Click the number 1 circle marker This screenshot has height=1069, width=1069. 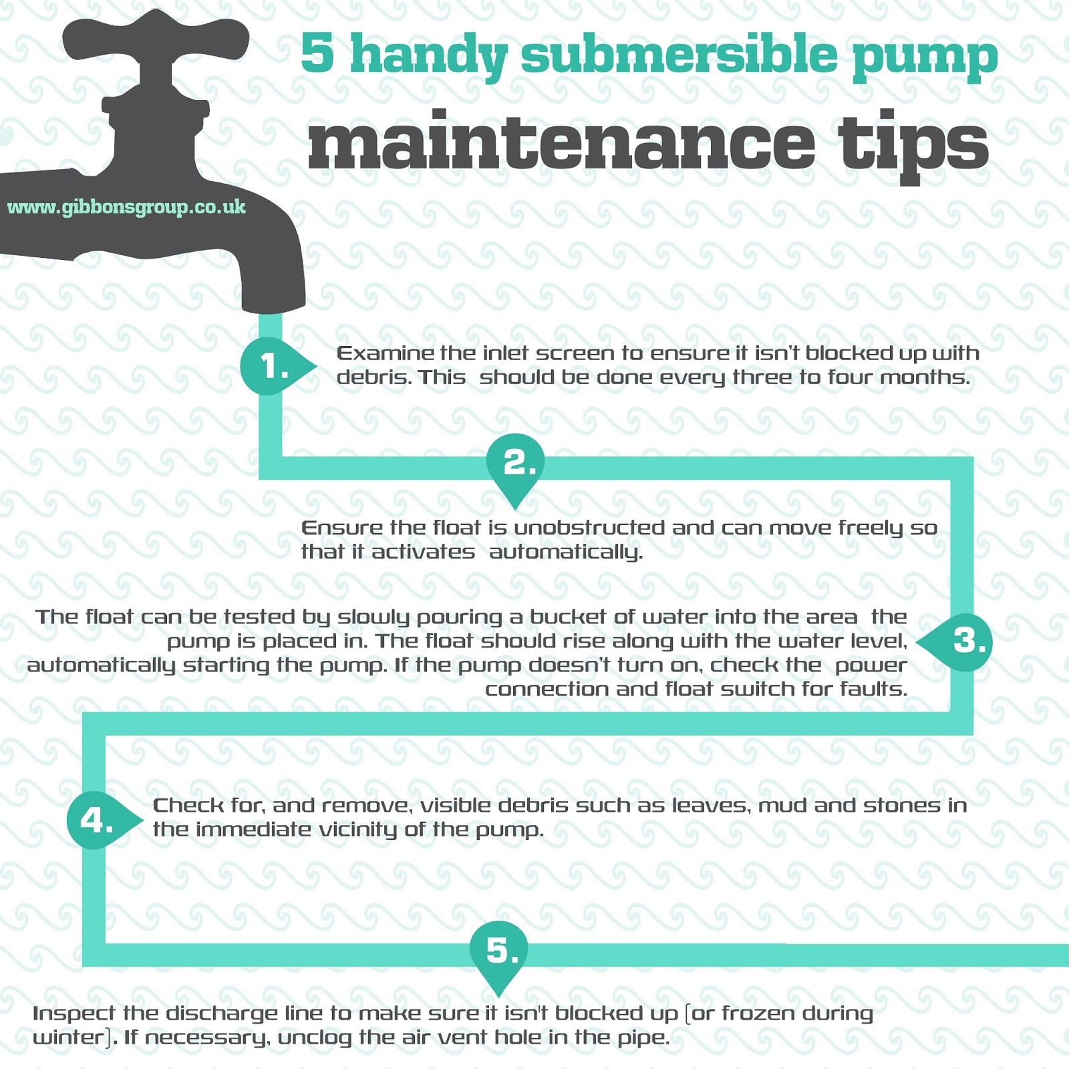[x=269, y=366]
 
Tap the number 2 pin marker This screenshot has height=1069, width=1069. [x=515, y=462]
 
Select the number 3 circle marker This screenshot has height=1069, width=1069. [x=965, y=642]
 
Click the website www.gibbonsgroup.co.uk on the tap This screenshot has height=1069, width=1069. [x=126, y=208]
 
